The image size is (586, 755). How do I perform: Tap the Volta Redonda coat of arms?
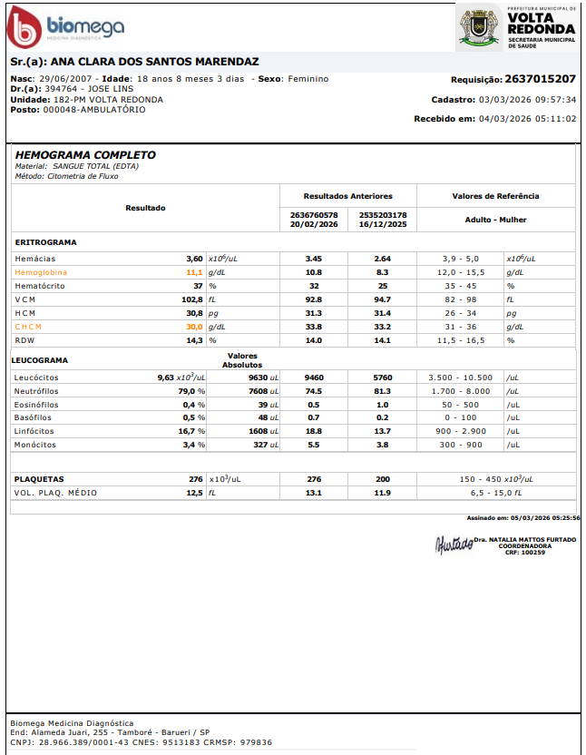479,27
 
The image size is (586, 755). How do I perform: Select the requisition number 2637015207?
540,79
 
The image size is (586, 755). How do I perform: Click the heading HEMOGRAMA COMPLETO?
85,155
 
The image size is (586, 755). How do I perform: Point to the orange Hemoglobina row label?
41,272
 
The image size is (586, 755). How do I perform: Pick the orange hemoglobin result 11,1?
194,272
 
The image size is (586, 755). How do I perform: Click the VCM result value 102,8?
191,299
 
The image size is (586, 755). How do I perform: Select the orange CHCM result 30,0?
194,327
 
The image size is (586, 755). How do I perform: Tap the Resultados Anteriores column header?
347,196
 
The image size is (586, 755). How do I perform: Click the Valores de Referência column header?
495,196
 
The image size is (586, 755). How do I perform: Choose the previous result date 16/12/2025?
383,224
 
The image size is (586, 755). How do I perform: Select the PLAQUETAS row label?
39,479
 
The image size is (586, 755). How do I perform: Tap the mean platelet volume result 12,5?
194,493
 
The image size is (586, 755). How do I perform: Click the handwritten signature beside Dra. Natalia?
454,544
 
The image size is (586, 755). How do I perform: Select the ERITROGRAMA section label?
45,243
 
